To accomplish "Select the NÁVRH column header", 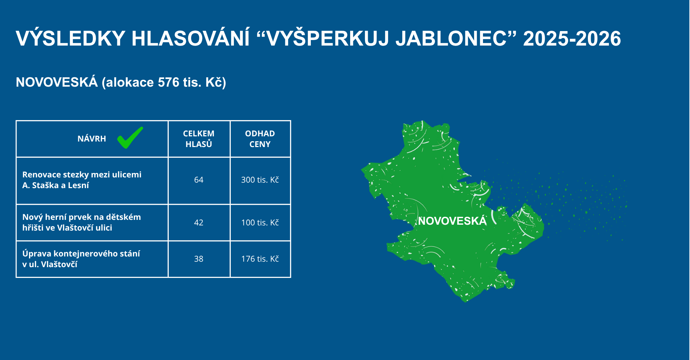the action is pos(92,139).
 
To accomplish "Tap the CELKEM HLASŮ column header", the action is pos(199,139).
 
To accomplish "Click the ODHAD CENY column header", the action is pos(260,139).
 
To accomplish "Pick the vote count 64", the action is pos(199,180).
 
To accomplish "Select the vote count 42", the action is pos(199,223).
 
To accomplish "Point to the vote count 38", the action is pos(199,259).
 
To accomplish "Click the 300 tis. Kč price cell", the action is pos(260,180).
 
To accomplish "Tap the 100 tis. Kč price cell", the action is pos(260,223).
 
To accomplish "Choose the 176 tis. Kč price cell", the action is pos(260,259).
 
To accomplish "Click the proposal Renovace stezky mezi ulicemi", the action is pos(82,180).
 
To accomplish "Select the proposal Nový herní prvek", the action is pos(81,222).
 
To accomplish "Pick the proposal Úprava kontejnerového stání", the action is pos(81,259).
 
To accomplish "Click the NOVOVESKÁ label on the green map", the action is pos(452,221).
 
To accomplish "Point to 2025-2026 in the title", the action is pos(572,38).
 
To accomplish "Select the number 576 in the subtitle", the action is pos(169,82).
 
